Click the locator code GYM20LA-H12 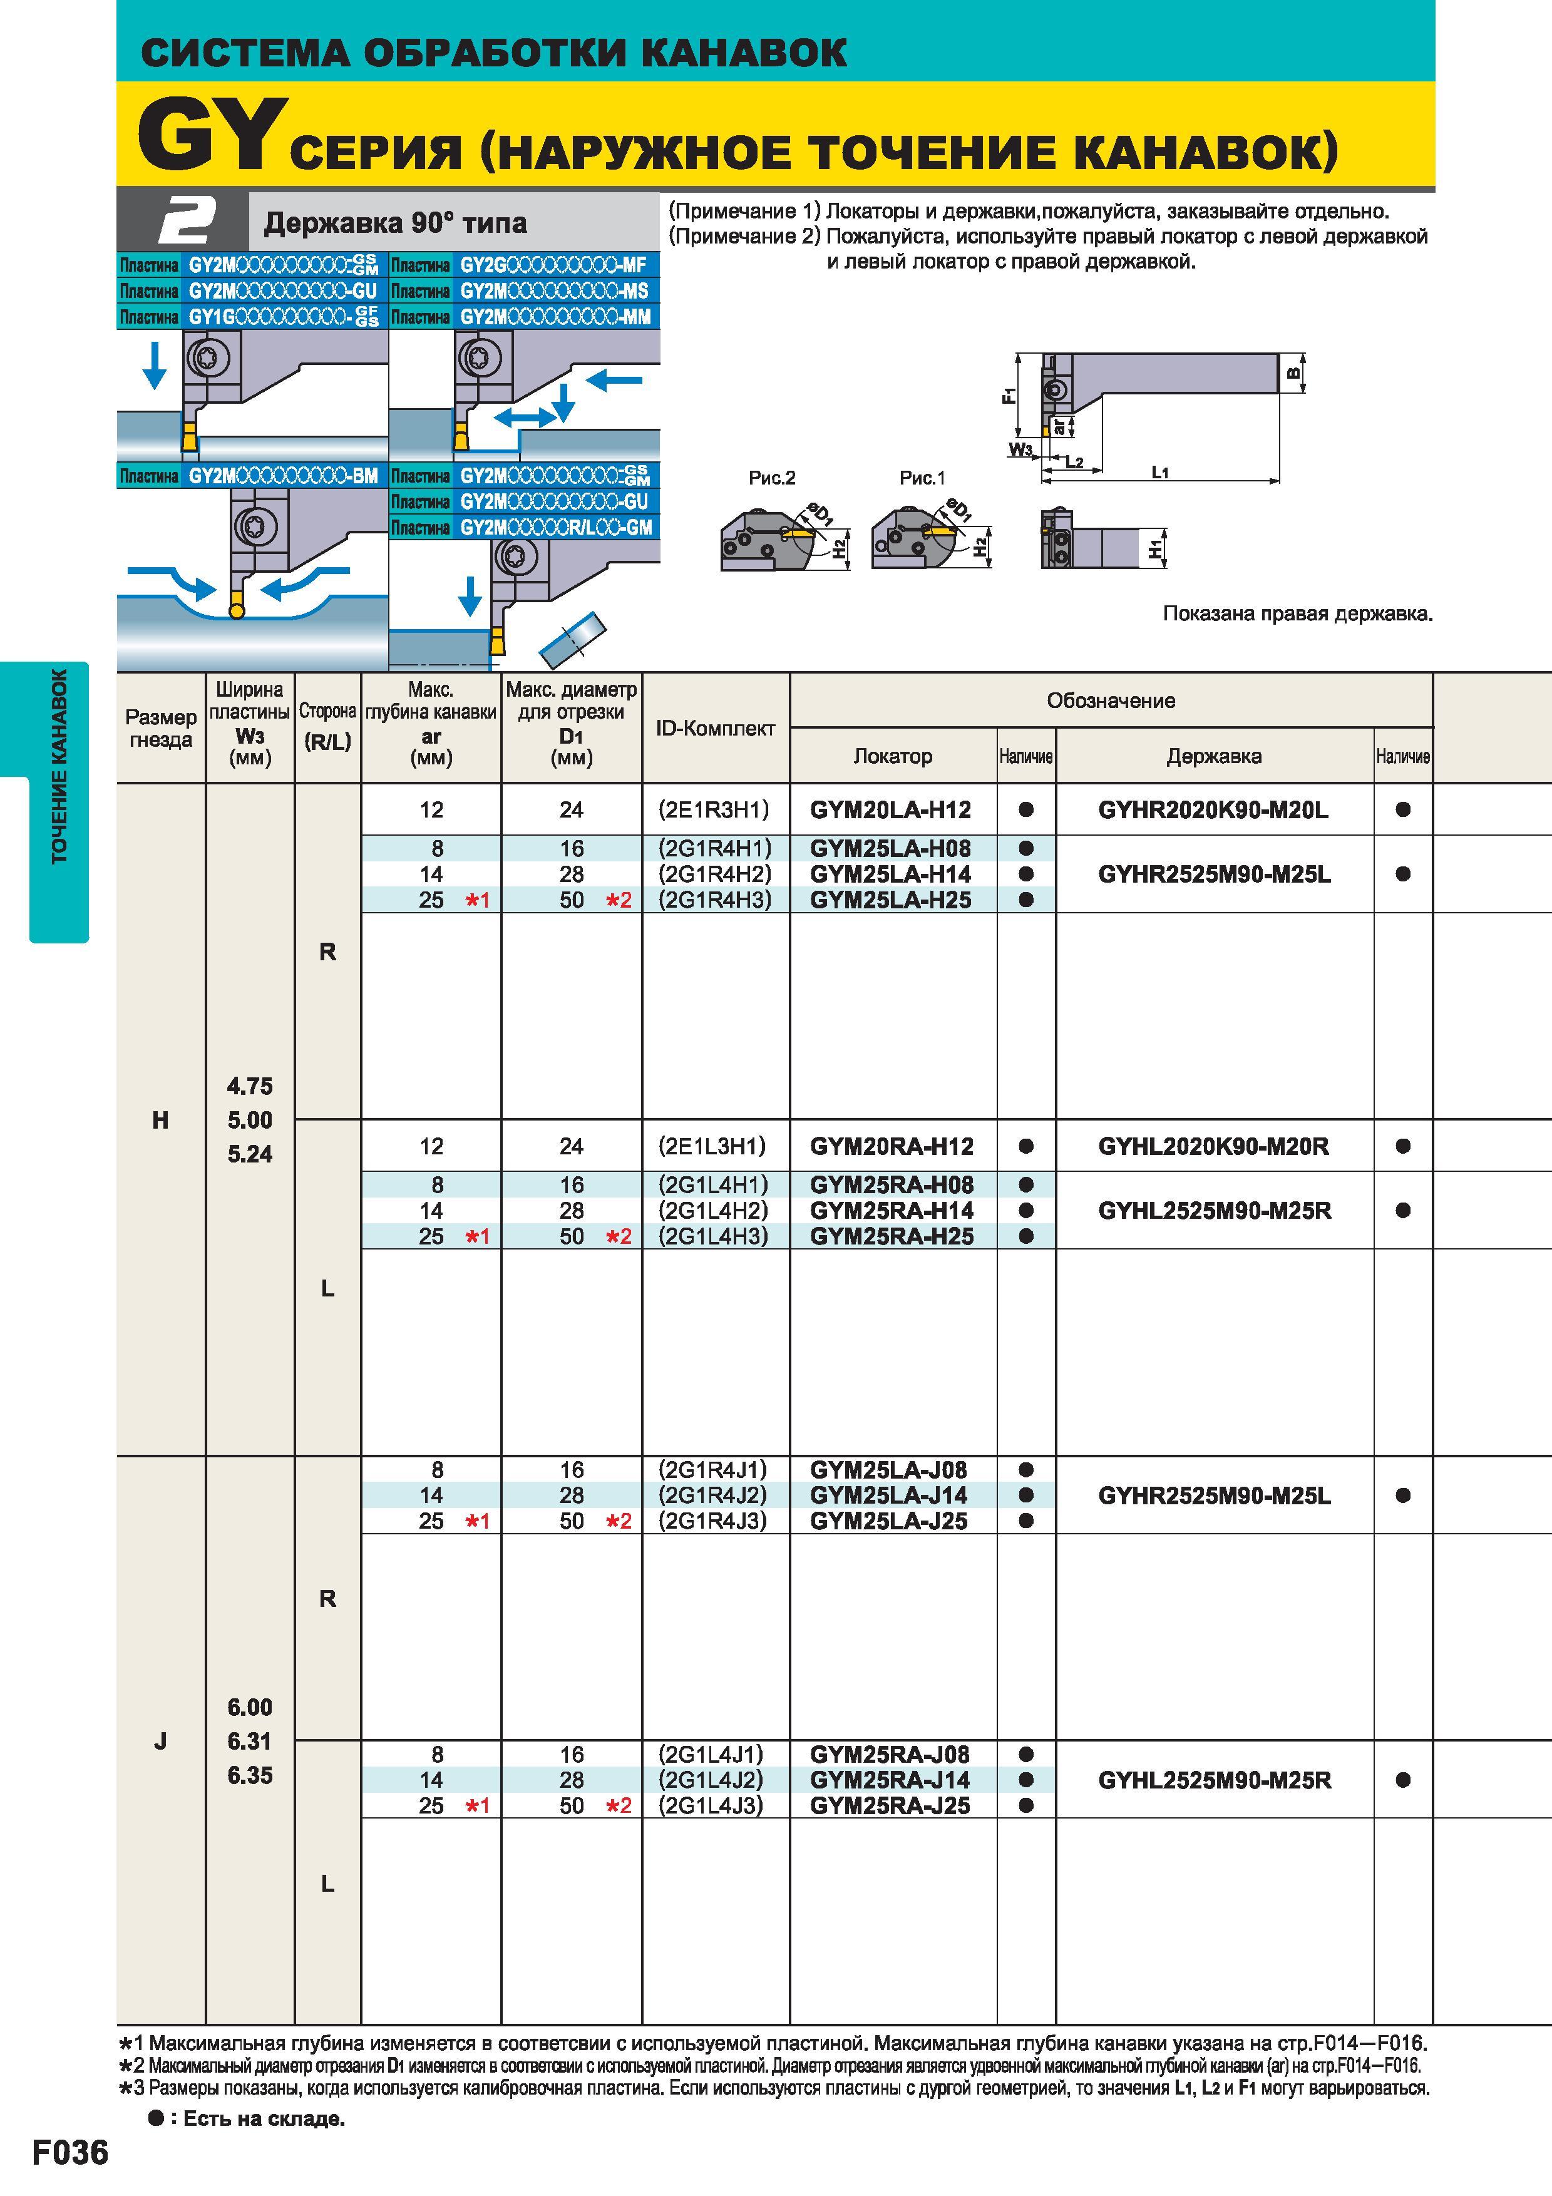[x=890, y=810]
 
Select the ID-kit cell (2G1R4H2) [x=714, y=874]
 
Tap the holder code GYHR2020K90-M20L [x=1213, y=810]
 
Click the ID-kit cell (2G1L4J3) [x=711, y=1806]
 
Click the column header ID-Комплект [x=716, y=729]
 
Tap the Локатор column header [x=892, y=757]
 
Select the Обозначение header [x=1111, y=701]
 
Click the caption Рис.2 [x=773, y=478]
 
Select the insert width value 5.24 [x=250, y=1154]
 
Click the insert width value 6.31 [x=250, y=1742]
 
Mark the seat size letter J [x=161, y=1742]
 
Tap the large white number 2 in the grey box [x=187, y=222]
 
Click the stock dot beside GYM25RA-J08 [x=1026, y=1754]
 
